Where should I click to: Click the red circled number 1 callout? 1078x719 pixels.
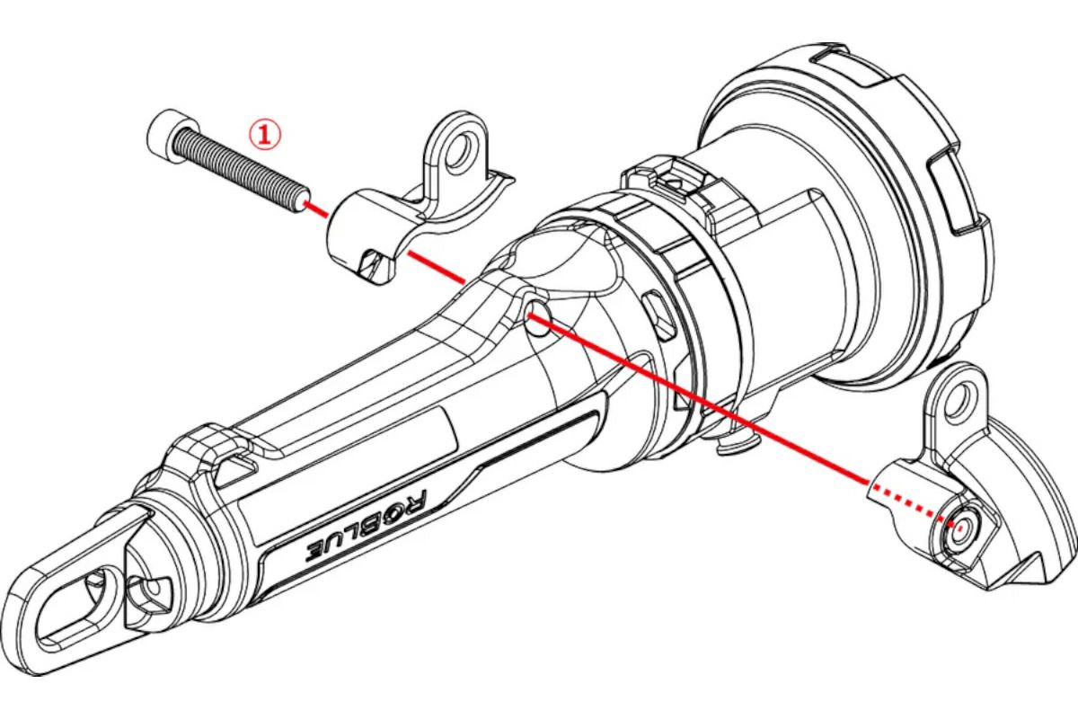point(264,135)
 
